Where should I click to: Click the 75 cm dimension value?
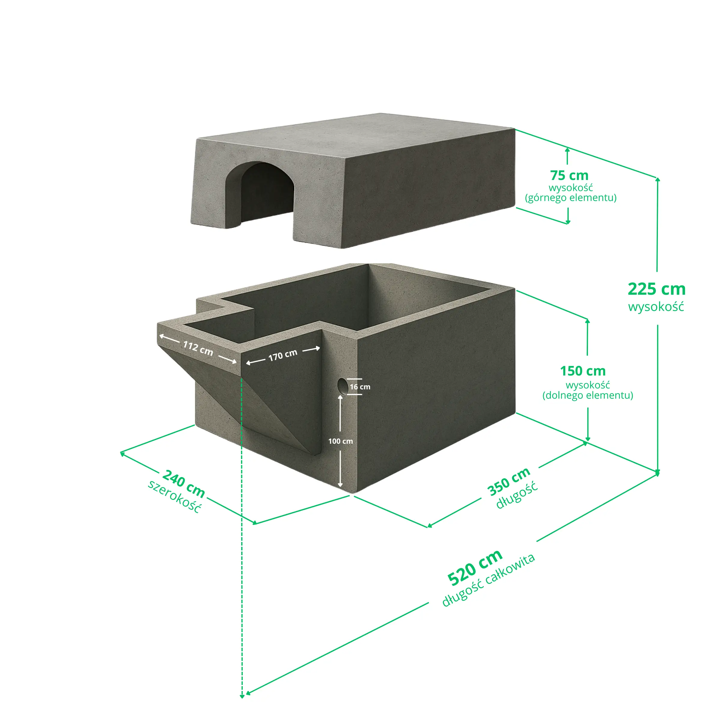pyautogui.click(x=569, y=175)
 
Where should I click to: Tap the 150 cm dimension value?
pyautogui.click(x=583, y=371)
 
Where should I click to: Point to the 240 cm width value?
pyautogui.click(x=184, y=484)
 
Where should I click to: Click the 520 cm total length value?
pyautogui.click(x=475, y=567)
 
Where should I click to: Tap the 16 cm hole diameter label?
pyautogui.click(x=360, y=387)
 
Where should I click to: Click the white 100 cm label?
pyautogui.click(x=340, y=441)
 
